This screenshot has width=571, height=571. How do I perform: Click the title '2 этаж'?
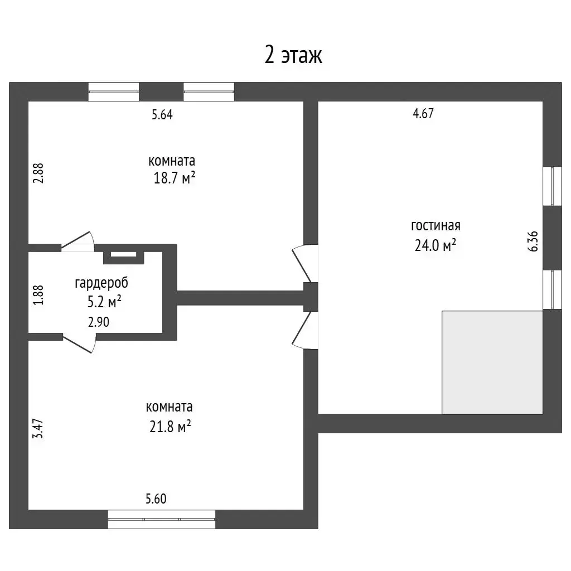pos(293,55)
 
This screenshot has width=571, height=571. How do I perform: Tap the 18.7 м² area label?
pos(175,178)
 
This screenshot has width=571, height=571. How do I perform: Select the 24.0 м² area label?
pos(435,245)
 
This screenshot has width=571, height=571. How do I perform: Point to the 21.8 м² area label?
pos(171,426)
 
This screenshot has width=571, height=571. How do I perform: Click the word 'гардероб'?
pos(101,283)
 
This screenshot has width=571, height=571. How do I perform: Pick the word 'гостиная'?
pos(435,226)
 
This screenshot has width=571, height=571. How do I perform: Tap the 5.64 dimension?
pos(162,115)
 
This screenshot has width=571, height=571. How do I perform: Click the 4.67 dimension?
pos(423,114)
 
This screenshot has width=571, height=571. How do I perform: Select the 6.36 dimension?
pos(533,241)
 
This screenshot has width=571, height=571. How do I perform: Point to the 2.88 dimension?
pos(38,173)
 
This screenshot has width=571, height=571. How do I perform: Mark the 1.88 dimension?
pos(38,295)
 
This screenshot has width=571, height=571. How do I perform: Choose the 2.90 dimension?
pos(99,322)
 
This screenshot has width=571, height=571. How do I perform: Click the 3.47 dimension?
pos(38,429)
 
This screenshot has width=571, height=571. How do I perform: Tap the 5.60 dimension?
pos(156,499)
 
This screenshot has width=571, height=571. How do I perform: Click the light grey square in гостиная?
pos(492,362)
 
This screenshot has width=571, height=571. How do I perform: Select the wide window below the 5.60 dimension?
pos(162,519)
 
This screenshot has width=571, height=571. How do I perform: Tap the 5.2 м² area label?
pos(104,302)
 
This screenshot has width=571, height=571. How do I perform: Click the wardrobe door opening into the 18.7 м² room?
pos(78,241)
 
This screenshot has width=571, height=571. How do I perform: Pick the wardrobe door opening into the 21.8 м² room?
pos(79,343)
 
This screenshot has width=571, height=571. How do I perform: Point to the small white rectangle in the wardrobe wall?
pos(123,254)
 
